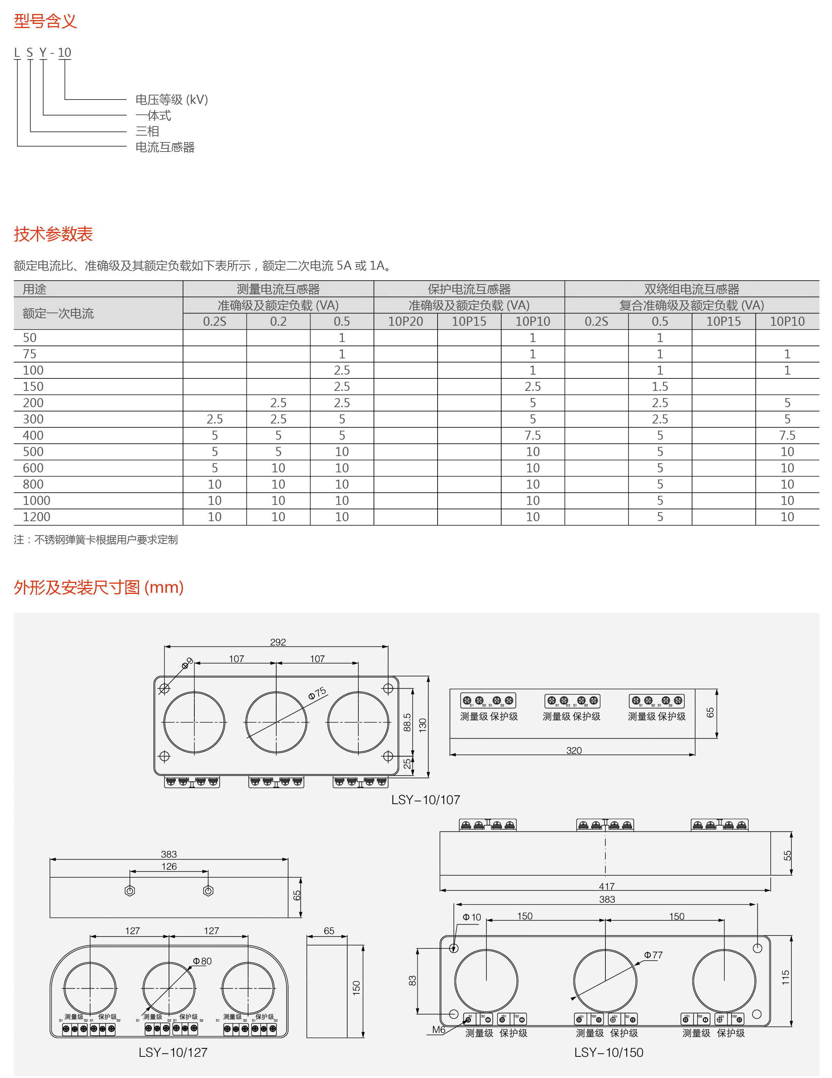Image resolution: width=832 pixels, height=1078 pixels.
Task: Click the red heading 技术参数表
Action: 53,234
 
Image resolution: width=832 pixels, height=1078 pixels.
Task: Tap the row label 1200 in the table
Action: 36,517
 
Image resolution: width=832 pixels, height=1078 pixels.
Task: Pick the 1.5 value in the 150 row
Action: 660,386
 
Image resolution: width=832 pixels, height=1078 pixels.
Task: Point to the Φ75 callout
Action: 317,693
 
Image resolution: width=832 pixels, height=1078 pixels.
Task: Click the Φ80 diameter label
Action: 202,961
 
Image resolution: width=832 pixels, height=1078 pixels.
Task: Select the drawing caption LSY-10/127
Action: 173,1052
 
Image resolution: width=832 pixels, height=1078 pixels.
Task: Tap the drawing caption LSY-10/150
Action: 608,1052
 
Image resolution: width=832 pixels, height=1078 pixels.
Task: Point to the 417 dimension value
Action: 607,886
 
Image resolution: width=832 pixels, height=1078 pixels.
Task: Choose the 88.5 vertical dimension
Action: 407,722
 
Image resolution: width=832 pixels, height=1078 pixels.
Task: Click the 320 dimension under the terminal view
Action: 574,750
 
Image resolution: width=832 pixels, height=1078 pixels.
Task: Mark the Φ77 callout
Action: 653,955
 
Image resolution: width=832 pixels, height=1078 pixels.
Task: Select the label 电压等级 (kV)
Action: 171,100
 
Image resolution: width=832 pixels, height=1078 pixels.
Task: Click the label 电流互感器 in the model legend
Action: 165,147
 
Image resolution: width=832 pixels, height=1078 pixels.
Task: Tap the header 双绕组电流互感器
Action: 691,289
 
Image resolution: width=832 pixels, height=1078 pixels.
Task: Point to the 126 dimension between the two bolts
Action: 169,866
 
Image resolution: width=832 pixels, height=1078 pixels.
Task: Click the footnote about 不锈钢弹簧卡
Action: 96,539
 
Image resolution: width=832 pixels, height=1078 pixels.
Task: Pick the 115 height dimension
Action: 785,977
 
